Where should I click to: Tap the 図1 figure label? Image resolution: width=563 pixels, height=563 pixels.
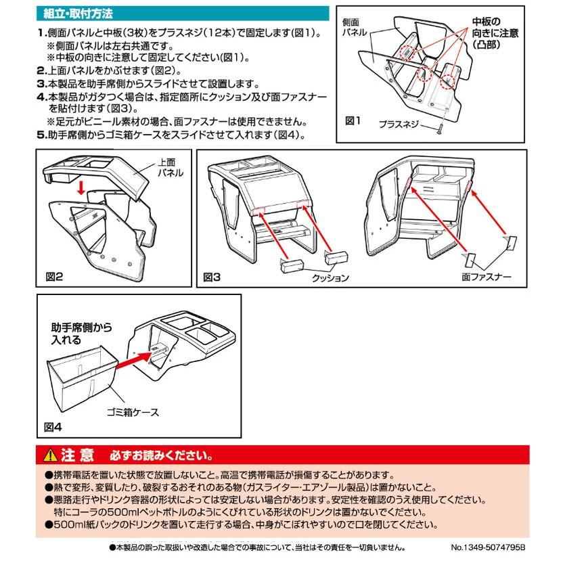pyautogui.click(x=355, y=120)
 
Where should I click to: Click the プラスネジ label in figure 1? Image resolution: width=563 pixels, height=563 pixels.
pyautogui.click(x=399, y=125)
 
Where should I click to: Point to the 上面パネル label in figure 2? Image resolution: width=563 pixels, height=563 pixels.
pyautogui.click(x=169, y=168)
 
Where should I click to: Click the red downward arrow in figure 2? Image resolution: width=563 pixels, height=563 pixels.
pyautogui.click(x=81, y=186)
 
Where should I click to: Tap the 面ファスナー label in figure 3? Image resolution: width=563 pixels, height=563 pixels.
pyautogui.click(x=487, y=277)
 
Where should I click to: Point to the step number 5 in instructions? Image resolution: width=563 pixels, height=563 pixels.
pyautogui.click(x=40, y=135)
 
